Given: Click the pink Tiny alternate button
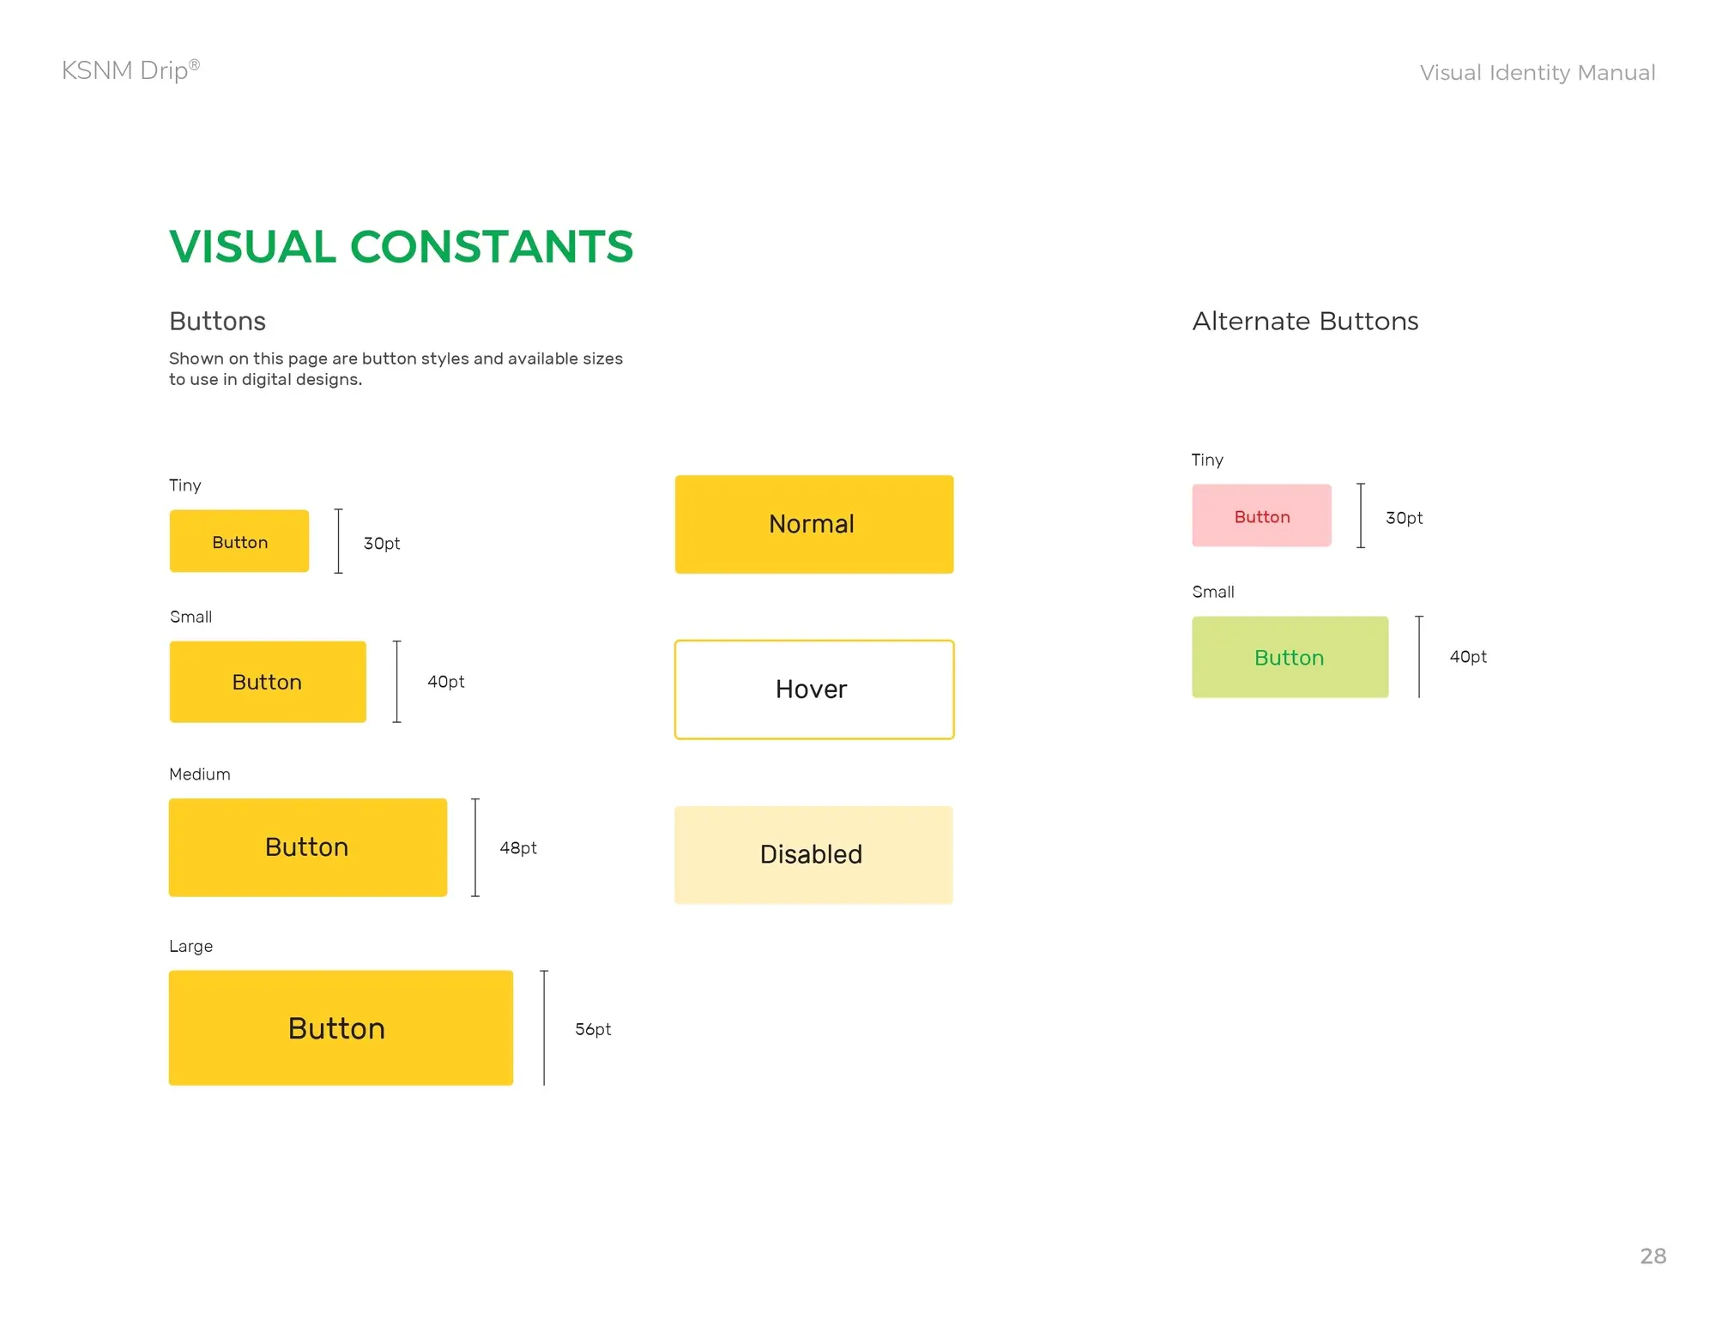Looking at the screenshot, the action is (x=1261, y=515).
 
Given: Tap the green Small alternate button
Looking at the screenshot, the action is (x=1290, y=657).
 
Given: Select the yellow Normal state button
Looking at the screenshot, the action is (x=814, y=524).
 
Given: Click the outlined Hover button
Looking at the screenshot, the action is (x=814, y=690).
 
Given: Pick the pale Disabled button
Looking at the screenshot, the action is (x=813, y=855).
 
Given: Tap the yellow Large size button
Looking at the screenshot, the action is (x=341, y=1027).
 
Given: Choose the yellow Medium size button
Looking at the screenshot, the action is (x=308, y=847).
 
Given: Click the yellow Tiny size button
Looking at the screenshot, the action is (x=239, y=541).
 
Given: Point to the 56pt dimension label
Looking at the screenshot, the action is (x=593, y=1029).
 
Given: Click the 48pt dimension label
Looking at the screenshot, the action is (x=518, y=848).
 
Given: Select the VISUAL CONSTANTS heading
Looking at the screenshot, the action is (x=401, y=247).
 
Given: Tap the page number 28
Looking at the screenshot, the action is (x=1653, y=1256).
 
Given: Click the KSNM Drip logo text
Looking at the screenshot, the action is (x=130, y=70).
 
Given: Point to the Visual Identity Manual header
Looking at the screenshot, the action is (x=1537, y=73).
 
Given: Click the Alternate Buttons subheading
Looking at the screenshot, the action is (x=1305, y=321).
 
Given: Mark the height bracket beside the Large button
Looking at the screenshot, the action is (x=544, y=1027).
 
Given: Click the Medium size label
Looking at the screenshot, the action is (x=200, y=774).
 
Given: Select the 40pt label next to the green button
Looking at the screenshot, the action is (x=1468, y=657).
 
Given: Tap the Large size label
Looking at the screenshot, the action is (x=190, y=947).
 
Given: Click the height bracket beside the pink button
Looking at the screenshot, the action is (x=1361, y=515).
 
